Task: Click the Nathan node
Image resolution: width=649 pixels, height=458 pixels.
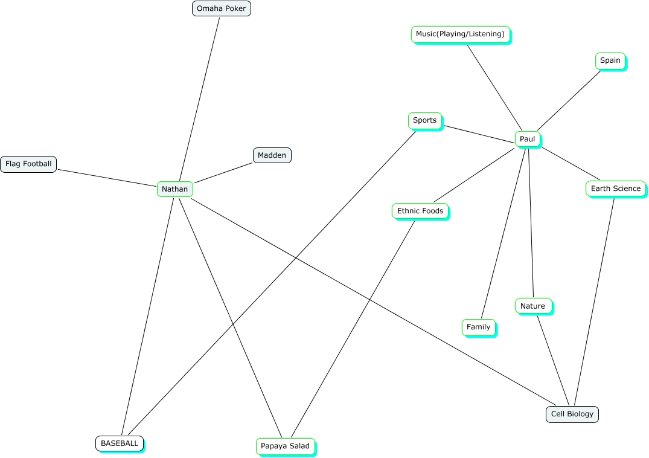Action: [x=175, y=189]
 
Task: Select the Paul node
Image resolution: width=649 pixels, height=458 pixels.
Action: [x=527, y=139]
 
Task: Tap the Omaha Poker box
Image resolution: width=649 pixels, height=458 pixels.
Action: [x=221, y=8]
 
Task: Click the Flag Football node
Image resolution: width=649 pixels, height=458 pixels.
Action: [x=28, y=164]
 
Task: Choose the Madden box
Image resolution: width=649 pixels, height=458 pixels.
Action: [x=272, y=155]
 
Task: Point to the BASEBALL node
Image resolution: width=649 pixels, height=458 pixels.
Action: [x=120, y=443]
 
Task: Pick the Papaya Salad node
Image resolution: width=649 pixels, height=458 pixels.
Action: [x=285, y=446]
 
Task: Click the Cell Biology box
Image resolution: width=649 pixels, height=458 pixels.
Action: [x=572, y=414]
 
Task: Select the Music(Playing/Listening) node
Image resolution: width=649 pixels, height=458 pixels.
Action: [x=460, y=34]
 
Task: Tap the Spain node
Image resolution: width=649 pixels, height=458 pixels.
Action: [x=610, y=60]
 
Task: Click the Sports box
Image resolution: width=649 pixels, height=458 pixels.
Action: [x=424, y=120]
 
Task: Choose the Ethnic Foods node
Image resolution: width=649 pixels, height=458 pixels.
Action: [x=420, y=211]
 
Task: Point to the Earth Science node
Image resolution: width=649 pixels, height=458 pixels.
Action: [x=615, y=189]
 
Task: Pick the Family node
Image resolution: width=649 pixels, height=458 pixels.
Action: [x=478, y=327]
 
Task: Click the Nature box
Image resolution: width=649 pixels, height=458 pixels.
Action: [x=532, y=306]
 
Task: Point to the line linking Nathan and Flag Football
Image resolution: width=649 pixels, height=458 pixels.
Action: [x=107, y=176]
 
